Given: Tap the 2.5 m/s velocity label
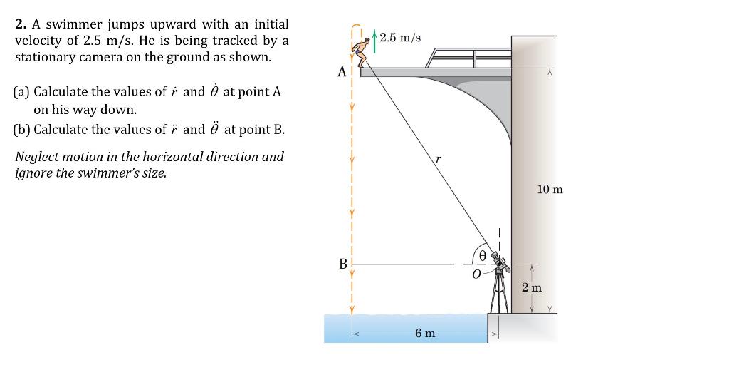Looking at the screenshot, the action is (x=401, y=37).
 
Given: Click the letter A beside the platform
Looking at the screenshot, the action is (x=342, y=72).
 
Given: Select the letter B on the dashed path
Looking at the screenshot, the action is (x=343, y=264).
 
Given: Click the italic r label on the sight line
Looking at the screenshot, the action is (x=439, y=160).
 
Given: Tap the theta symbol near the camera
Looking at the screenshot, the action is (x=483, y=254).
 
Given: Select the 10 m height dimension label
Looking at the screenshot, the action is (x=550, y=190).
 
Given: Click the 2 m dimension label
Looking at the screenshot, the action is (x=531, y=288).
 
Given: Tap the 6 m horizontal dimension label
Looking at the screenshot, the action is (x=425, y=334).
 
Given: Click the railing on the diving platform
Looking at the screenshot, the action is (x=470, y=56).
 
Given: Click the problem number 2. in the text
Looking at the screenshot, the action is (x=21, y=25).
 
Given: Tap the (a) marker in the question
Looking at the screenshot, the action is (x=21, y=92).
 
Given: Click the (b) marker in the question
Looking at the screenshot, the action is (x=21, y=130).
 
